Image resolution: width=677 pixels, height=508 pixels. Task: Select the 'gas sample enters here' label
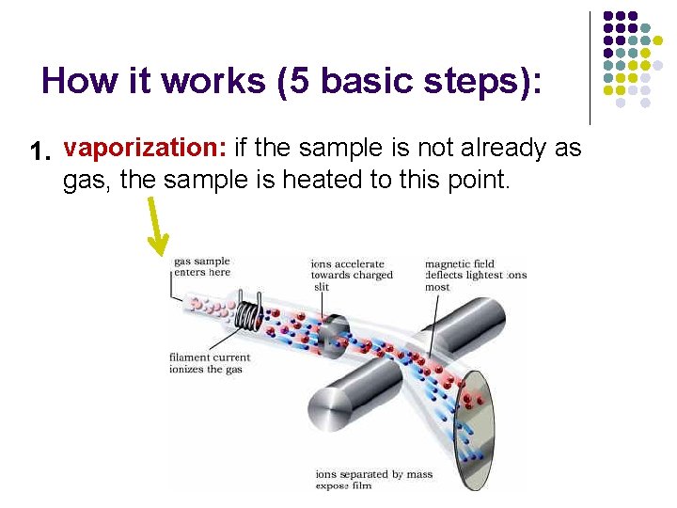[x=201, y=266]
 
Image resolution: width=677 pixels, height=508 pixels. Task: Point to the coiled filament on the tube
[x=248, y=311]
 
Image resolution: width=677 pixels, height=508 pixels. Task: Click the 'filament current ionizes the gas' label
[x=209, y=363]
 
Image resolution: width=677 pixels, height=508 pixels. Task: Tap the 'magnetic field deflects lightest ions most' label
[x=474, y=275]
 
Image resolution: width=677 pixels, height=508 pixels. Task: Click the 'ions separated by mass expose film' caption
[x=373, y=479]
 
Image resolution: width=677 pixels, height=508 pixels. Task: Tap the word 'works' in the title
[x=213, y=81]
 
